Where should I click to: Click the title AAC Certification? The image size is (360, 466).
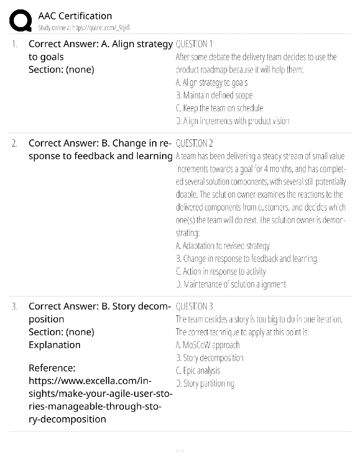point(75,16)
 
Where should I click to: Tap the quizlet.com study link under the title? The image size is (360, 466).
point(84,28)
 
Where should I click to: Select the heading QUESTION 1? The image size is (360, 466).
point(194,44)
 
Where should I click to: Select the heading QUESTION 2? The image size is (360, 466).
point(194,143)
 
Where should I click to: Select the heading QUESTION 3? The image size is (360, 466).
point(194,306)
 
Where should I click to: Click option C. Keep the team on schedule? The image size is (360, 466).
point(219,108)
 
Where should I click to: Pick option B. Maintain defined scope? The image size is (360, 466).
point(214,95)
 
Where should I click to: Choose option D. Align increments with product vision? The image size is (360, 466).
point(233,121)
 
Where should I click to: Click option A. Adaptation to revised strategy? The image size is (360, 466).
point(223,246)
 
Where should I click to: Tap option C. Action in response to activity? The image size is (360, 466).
point(221,271)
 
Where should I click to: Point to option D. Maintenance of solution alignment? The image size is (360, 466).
point(231,284)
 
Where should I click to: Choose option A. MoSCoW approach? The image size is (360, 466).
point(208,345)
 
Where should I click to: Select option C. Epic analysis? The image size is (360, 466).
point(198,370)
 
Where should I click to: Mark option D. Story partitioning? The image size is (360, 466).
point(205,383)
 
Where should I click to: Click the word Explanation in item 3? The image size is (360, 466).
point(54,345)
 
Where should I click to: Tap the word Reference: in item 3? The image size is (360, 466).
point(52,368)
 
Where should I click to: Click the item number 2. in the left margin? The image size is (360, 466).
point(14,144)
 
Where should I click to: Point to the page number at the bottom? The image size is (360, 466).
point(180,451)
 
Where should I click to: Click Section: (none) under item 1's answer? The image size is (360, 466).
point(61,70)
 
